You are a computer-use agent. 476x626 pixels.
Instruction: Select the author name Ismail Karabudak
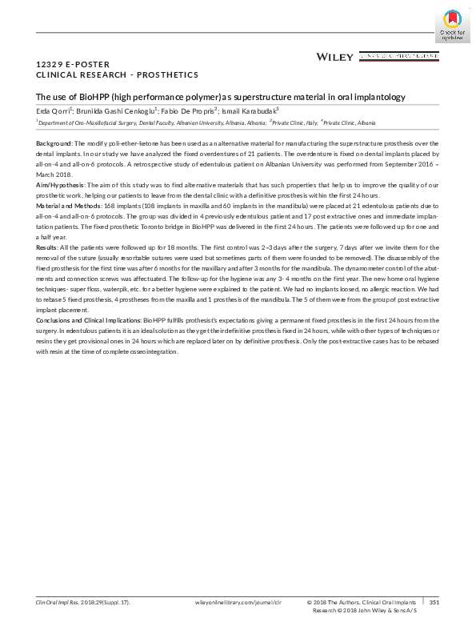pos(251,110)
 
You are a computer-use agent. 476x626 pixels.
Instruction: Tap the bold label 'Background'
pos(54,142)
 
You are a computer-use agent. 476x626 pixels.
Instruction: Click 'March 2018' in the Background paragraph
pos(54,174)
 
